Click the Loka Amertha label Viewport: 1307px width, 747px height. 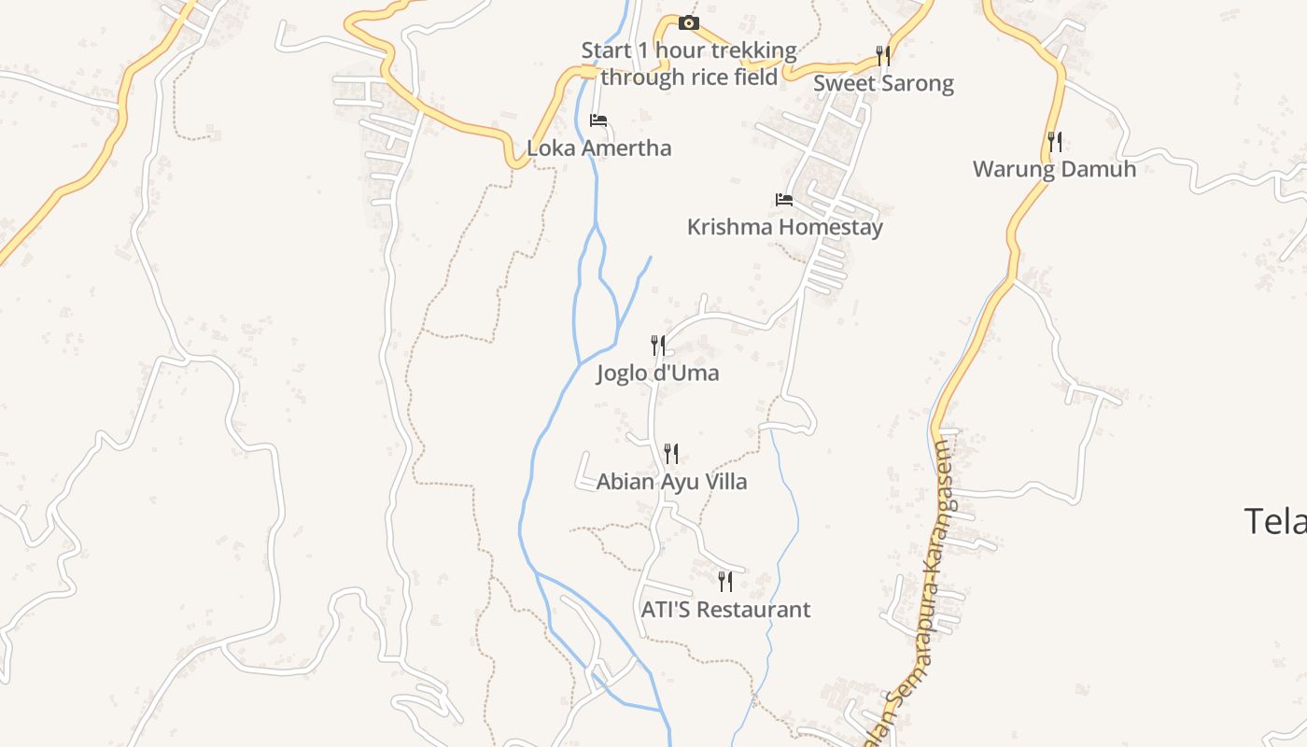pyautogui.click(x=598, y=148)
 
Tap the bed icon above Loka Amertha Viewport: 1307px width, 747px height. pyautogui.click(x=598, y=120)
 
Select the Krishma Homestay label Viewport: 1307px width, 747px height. pyautogui.click(x=784, y=227)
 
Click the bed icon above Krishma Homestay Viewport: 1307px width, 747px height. pyautogui.click(x=784, y=200)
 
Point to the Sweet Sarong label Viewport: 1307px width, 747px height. pyautogui.click(x=883, y=83)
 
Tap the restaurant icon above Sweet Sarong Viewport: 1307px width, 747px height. pyautogui.click(x=883, y=56)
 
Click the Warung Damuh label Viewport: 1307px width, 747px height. pyautogui.click(x=1054, y=169)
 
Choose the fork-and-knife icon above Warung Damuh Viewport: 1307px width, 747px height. pyautogui.click(x=1054, y=142)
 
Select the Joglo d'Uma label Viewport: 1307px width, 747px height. pyautogui.click(x=658, y=373)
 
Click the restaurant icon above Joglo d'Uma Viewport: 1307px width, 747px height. pyautogui.click(x=658, y=346)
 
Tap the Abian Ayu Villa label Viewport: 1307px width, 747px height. pyautogui.click(x=671, y=482)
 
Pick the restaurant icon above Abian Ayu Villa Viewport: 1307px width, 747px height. pyautogui.click(x=671, y=455)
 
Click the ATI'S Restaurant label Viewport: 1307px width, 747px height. pyautogui.click(x=725, y=610)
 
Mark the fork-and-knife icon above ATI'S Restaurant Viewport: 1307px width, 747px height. pyautogui.click(x=725, y=582)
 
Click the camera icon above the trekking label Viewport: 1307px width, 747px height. pyautogui.click(x=689, y=22)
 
